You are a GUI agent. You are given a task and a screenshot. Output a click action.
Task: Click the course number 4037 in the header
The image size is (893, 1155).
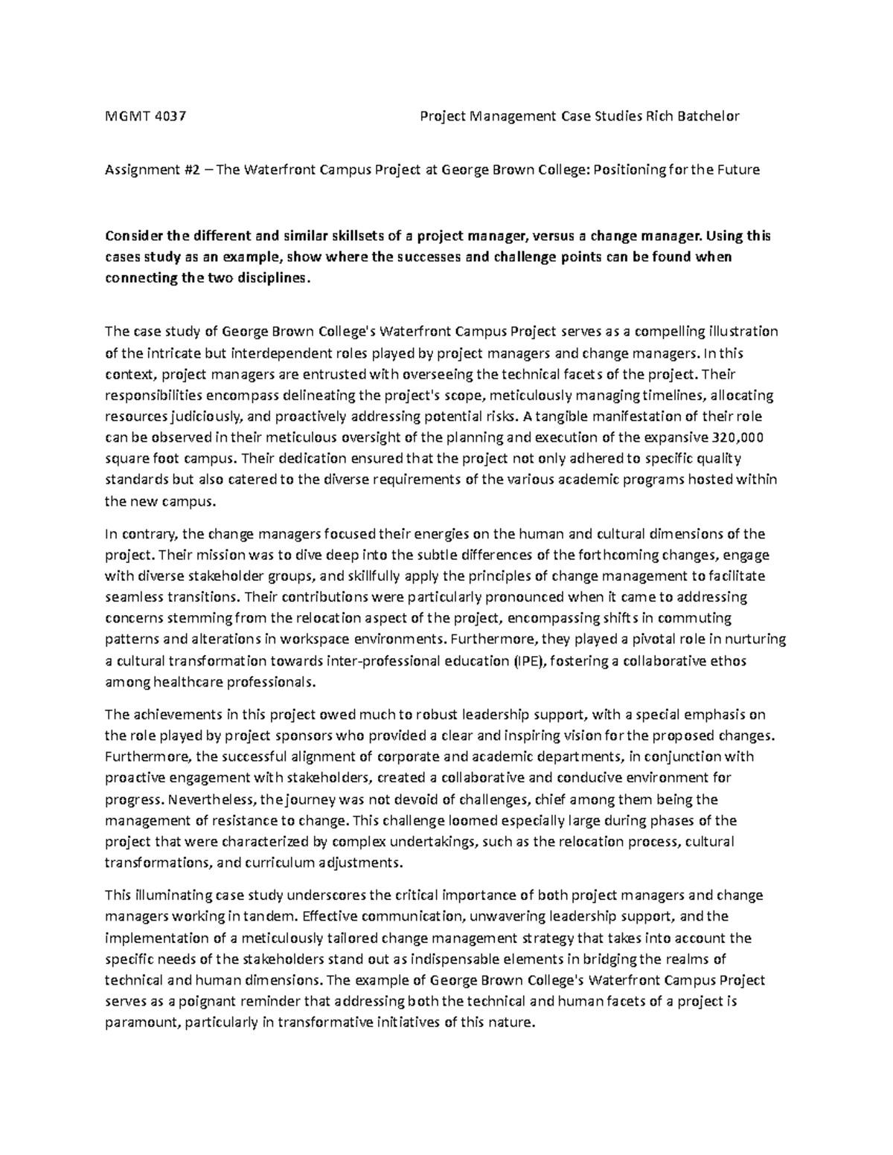[171, 116]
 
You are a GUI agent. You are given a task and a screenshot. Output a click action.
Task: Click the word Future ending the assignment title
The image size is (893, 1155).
[737, 170]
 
